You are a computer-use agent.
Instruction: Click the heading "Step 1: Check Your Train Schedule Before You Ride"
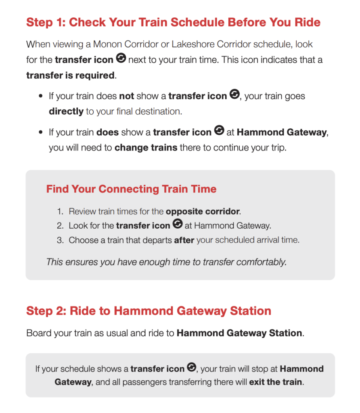point(173,22)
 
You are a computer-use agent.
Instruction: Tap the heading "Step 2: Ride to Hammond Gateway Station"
point(149,311)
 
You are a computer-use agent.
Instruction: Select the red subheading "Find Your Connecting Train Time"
point(131,189)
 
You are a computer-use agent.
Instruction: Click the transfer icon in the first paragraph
point(121,59)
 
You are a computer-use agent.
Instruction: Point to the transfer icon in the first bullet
point(234,95)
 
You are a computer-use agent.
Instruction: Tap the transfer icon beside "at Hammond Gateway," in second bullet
point(219,131)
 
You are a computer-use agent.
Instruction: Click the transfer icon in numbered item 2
point(178,225)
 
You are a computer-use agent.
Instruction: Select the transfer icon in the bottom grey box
point(192,368)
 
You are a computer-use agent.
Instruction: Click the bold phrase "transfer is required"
point(70,75)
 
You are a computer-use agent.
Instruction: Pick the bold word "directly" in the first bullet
point(66,111)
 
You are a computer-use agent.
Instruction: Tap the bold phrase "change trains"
point(146,148)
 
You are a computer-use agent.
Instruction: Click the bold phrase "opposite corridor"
point(203,211)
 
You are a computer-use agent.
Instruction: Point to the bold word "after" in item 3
point(184,240)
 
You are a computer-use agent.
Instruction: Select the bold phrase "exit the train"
point(276,382)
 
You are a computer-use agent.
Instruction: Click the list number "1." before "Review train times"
point(60,211)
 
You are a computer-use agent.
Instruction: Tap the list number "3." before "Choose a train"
point(60,240)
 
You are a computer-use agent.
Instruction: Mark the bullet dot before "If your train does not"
point(41,97)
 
